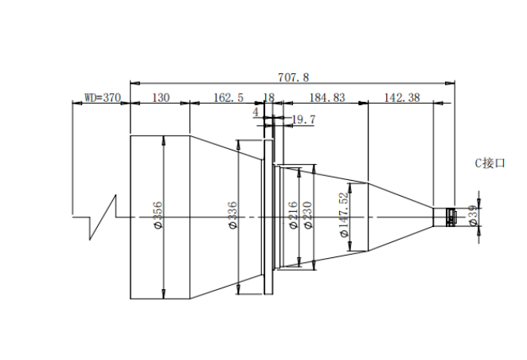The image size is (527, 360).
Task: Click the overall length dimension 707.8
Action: (294, 77)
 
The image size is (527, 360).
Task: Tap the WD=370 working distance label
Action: (103, 97)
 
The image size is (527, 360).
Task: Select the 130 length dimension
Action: (161, 97)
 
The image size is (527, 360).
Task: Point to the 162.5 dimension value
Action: (228, 97)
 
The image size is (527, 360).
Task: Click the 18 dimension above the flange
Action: (269, 97)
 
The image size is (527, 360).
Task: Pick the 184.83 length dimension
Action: (327, 97)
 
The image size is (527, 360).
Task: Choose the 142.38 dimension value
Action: (402, 97)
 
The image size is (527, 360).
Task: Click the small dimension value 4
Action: (256, 112)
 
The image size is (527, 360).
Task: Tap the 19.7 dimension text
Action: (304, 119)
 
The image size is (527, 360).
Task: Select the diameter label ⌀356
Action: (158, 215)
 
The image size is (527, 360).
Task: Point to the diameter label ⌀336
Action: (232, 215)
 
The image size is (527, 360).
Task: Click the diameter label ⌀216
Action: (294, 215)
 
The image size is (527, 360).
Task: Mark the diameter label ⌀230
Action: (307, 215)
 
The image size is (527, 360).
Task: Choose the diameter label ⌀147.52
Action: (344, 214)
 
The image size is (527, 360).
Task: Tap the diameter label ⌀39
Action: (473, 216)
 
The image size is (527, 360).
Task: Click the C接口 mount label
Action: (490, 163)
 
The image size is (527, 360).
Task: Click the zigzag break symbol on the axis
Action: (103, 217)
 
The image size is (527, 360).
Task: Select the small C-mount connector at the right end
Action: (451, 217)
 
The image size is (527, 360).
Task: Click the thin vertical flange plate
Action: (268, 217)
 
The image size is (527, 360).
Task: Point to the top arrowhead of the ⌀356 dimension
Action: (163, 140)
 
